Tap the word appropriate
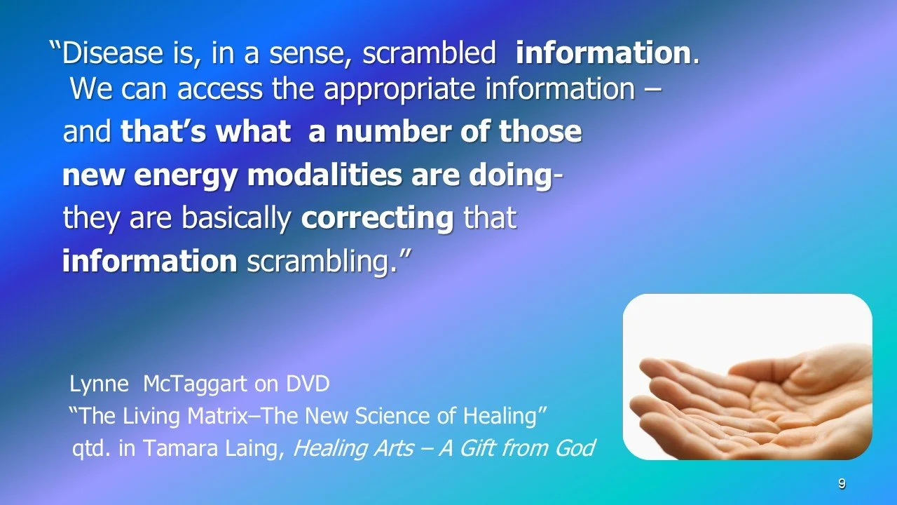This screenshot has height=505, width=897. (x=378, y=89)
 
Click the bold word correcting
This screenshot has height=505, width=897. (x=377, y=218)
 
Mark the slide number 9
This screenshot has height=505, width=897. (x=842, y=484)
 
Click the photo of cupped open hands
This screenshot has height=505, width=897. (x=747, y=377)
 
